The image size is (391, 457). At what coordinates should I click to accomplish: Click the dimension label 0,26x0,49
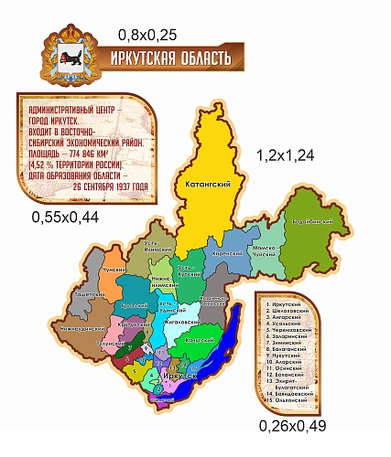tap(292, 425)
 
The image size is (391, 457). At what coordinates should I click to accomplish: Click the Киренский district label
tap(225, 253)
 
